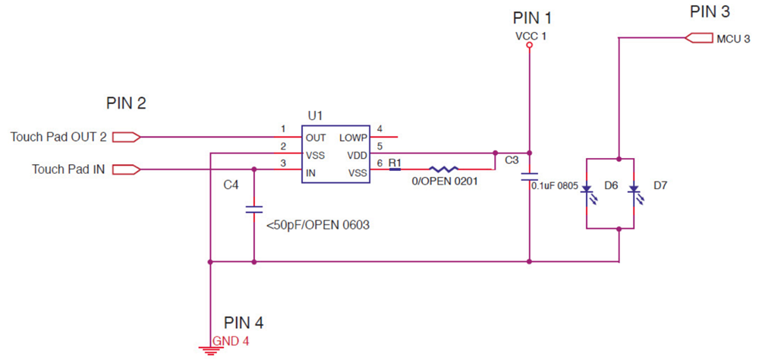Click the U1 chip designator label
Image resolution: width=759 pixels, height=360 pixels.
315,115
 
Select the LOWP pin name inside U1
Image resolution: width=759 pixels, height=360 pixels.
353,137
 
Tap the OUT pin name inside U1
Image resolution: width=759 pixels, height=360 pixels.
315,137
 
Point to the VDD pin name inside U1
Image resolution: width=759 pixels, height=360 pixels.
357,154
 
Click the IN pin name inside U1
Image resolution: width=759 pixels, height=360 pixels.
310,172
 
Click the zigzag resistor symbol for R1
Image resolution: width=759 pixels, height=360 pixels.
443,170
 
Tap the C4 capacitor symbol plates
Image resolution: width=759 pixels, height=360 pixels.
254,208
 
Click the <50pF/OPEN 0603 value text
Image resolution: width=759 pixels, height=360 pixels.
317,226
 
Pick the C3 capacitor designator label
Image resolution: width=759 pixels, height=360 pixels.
512,160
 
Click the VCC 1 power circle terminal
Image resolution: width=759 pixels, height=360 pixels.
529,46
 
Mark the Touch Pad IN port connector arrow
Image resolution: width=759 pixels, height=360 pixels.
124,169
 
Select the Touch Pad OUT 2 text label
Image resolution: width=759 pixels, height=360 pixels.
58,137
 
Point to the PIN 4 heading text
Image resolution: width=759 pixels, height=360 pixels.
243,323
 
